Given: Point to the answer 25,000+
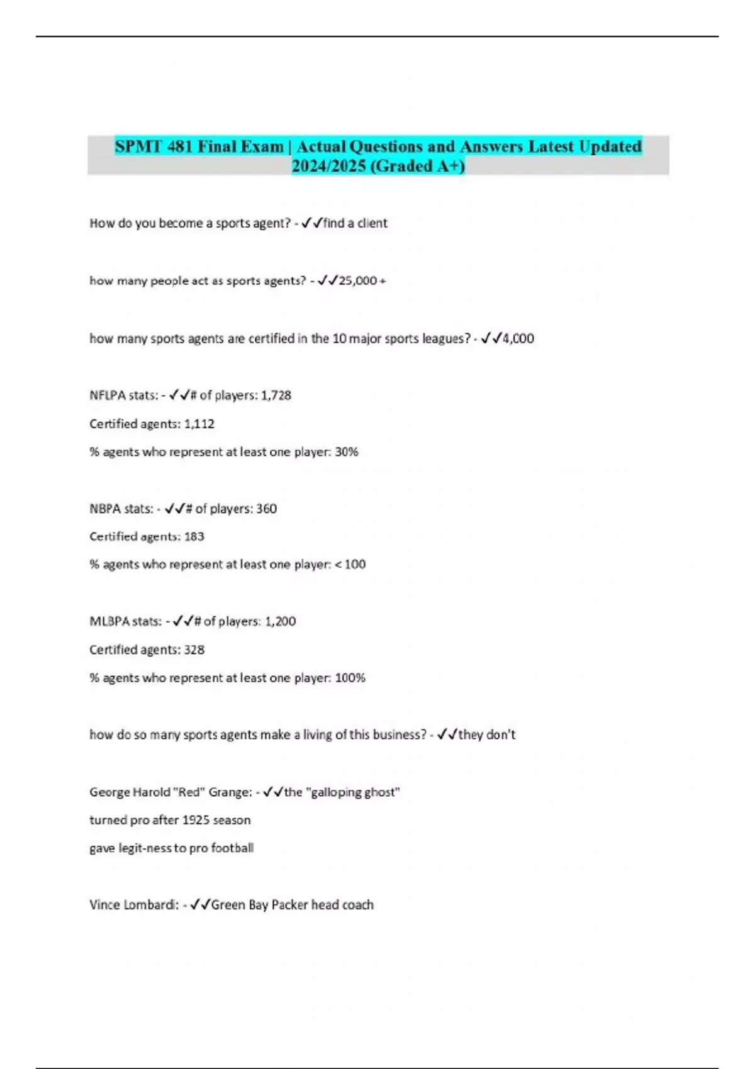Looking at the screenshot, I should [x=362, y=280].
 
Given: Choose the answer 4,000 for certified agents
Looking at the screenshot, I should [x=518, y=338].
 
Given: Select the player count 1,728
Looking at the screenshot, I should [x=276, y=396].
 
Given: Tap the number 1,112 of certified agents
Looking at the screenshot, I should [x=199, y=424].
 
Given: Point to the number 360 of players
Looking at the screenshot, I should [x=266, y=509].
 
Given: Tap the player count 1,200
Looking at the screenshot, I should [x=280, y=621].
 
